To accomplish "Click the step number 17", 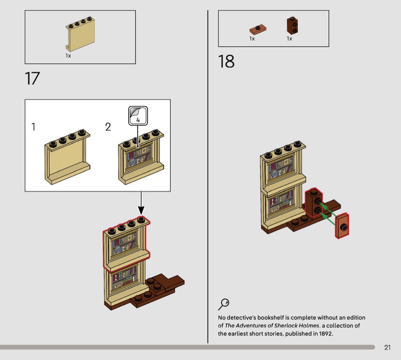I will click(32, 78).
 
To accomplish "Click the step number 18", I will click(226, 62).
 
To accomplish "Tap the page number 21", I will click(387, 347).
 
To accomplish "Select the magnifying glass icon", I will click(223, 304).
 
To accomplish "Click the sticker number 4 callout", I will click(138, 115).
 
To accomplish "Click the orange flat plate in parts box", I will click(258, 29).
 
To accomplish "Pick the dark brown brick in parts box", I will click(293, 26).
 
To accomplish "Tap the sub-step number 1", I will click(33, 126).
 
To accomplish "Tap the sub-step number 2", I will click(108, 126).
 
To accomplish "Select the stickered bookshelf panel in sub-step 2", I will click(141, 157).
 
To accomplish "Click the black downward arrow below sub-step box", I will click(141, 205).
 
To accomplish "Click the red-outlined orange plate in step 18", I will click(342, 226).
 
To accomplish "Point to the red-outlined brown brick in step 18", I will click(314, 202).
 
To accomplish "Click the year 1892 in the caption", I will click(325, 334).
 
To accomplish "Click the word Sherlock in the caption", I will click(286, 326).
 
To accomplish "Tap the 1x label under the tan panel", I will click(68, 56).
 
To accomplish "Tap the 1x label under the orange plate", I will click(252, 39).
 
